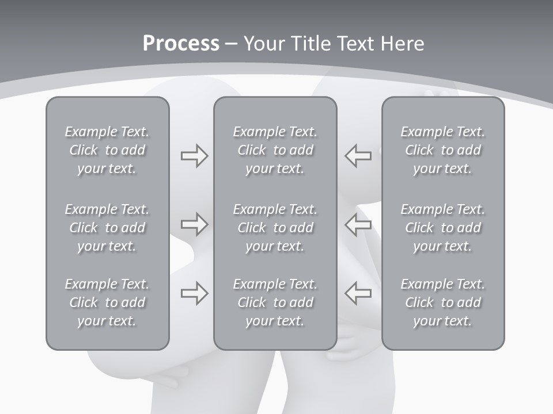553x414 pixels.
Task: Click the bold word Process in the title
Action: tap(181, 44)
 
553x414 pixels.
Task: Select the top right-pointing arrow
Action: tap(194, 156)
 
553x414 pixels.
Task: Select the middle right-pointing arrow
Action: tap(194, 224)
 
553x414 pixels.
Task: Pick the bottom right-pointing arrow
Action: tap(194, 293)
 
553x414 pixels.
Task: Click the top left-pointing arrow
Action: tap(358, 156)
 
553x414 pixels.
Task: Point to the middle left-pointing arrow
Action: tap(358, 224)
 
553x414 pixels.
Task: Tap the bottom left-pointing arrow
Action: tap(358, 293)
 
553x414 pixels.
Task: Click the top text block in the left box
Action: tap(107, 150)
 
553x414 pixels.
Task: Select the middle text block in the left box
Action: tap(107, 228)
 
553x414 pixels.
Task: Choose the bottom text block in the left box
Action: tap(107, 302)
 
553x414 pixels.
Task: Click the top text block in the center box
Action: tap(275, 150)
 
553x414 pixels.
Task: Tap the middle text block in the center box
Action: tap(275, 228)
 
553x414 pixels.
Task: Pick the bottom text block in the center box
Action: tap(275, 302)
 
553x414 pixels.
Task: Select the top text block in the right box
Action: tap(442, 150)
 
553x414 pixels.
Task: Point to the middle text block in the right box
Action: tap(442, 228)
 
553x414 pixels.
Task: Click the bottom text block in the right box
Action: tap(442, 302)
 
